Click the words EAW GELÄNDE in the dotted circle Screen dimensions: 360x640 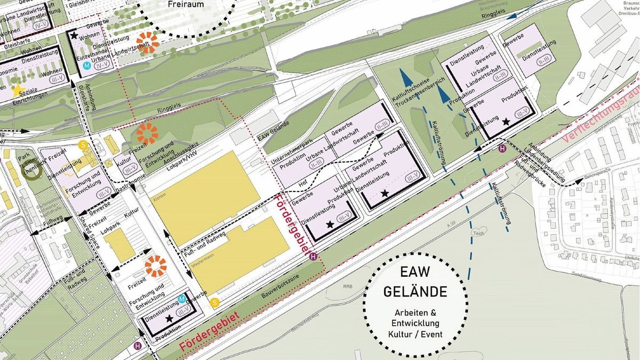(x=415, y=283)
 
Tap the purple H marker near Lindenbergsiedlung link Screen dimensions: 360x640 (x=502, y=149)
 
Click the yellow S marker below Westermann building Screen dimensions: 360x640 (x=214, y=302)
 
